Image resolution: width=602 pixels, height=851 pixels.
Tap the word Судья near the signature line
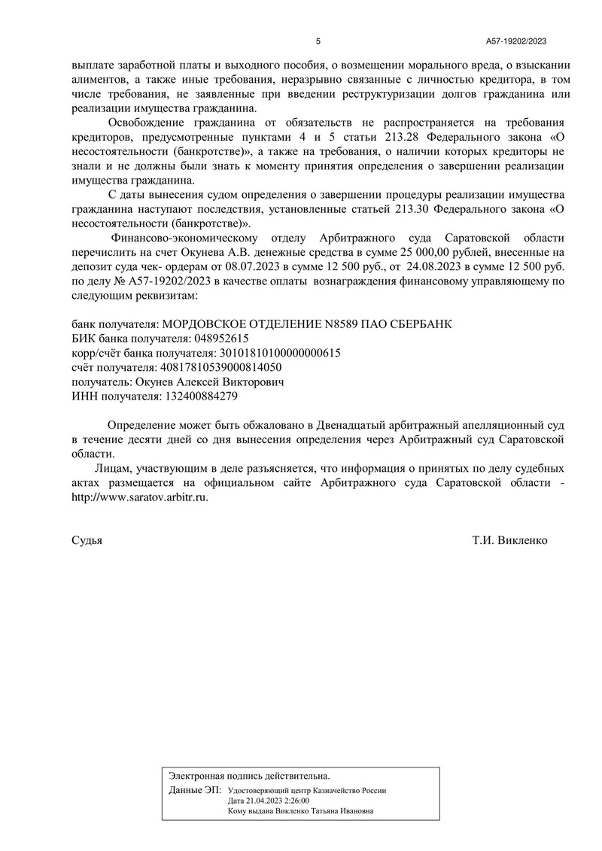[x=87, y=540]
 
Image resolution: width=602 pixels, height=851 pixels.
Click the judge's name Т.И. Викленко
[x=509, y=540]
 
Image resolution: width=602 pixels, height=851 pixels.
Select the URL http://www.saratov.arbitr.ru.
[x=140, y=497]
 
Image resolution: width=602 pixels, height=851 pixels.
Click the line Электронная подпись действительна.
[x=249, y=775]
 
